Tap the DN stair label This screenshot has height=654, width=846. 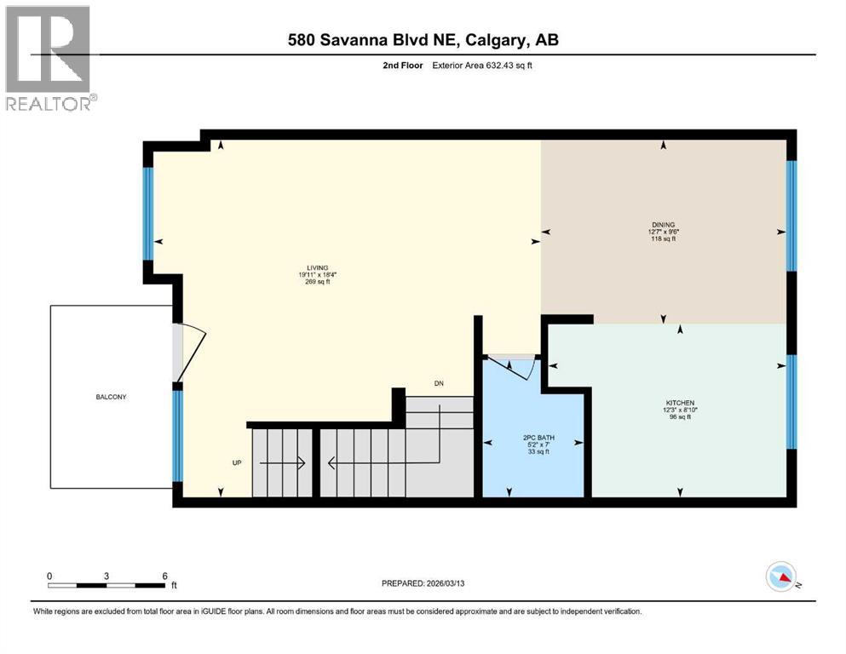439,384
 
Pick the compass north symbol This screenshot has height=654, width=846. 780,578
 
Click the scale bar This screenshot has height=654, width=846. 107,585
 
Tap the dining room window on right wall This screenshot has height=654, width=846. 791,215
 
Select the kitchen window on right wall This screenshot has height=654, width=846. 791,401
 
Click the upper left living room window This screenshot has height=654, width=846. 148,214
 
